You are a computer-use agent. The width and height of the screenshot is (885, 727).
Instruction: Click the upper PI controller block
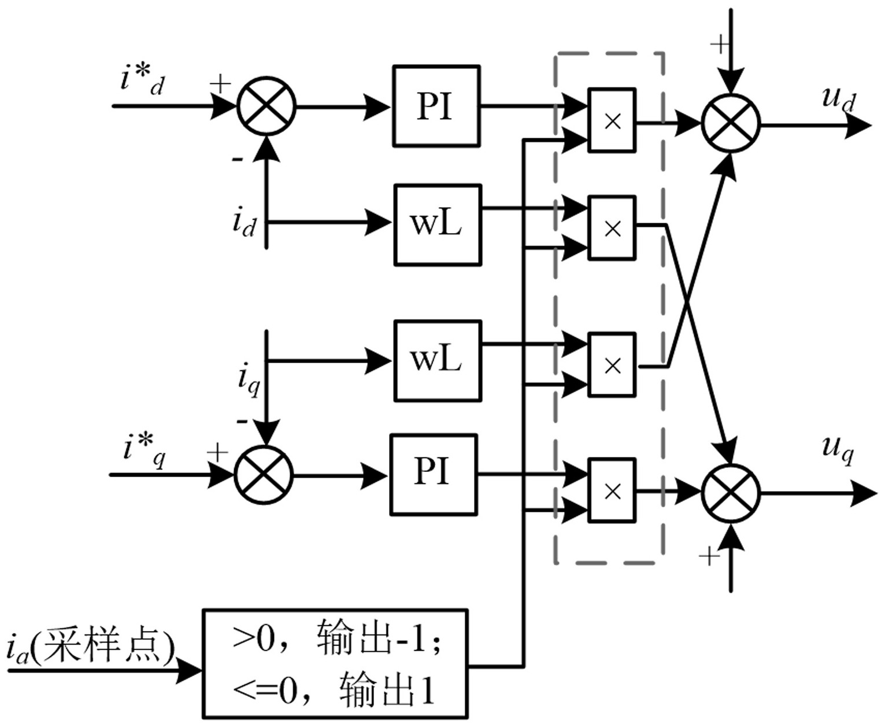click(x=436, y=106)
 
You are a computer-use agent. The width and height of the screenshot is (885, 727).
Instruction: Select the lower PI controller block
click(x=434, y=474)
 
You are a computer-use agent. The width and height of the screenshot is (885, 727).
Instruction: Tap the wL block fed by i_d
click(x=438, y=225)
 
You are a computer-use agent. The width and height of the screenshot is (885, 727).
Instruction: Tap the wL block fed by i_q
click(x=438, y=361)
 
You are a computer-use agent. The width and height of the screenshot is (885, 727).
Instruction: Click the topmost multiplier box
click(x=612, y=120)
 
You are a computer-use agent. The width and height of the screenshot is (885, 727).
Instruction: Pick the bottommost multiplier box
click(x=612, y=490)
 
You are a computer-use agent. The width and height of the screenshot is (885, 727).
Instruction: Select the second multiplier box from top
click(x=612, y=228)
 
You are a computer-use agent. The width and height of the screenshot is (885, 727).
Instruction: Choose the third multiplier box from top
click(x=612, y=364)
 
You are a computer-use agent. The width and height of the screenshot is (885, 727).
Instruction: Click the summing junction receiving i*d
click(x=266, y=107)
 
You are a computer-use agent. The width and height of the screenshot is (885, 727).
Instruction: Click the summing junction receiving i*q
click(x=264, y=475)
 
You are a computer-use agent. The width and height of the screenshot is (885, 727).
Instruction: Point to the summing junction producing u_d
click(x=731, y=124)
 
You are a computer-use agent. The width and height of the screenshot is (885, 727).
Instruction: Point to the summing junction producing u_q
click(x=731, y=493)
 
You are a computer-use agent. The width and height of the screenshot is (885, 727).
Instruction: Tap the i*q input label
click(x=144, y=449)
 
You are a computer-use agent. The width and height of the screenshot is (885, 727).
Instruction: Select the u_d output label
click(x=838, y=98)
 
